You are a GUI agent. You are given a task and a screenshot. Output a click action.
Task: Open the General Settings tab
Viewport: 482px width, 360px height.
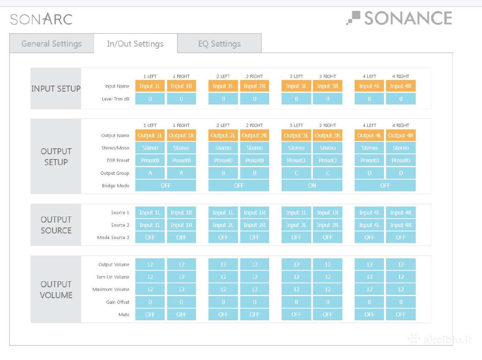[51, 43]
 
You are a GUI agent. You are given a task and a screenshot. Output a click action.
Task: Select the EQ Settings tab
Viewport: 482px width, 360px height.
[219, 43]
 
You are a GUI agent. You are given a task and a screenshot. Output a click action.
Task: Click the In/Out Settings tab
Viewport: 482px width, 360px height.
[135, 43]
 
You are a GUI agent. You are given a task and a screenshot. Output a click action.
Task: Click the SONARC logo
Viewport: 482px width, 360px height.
[41, 18]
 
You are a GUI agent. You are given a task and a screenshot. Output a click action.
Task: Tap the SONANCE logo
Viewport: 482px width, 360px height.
[399, 18]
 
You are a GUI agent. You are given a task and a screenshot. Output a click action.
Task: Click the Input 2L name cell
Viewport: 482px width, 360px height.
[223, 86]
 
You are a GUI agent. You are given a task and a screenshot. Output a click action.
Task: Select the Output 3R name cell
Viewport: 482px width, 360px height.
[327, 135]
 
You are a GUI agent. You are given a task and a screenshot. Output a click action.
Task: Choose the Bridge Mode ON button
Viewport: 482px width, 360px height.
[312, 185]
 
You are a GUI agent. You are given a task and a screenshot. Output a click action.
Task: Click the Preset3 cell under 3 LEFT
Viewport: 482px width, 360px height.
[296, 160]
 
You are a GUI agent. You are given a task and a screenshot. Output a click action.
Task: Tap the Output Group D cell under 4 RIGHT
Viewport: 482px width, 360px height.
[401, 173]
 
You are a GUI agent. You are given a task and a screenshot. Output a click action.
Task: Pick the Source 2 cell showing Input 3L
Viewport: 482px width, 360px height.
[296, 225]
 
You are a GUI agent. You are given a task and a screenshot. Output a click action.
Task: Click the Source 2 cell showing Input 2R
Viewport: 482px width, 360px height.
[255, 225]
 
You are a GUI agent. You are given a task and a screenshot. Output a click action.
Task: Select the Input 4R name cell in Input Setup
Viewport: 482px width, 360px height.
[401, 86]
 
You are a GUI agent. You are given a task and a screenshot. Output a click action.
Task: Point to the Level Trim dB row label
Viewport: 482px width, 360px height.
[116, 99]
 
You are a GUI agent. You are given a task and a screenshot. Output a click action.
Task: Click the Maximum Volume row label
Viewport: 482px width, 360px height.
[111, 289]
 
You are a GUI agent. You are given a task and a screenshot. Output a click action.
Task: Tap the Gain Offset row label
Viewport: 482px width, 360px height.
[117, 302]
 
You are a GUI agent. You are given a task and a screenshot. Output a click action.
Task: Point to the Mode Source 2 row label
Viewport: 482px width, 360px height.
[113, 237]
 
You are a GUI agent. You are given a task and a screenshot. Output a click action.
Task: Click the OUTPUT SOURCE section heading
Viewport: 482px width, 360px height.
[56, 225]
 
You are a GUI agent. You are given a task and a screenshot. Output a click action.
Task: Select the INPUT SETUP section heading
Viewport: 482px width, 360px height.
[56, 88]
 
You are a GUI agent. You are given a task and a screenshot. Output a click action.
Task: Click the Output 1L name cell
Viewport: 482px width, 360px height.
[150, 135]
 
